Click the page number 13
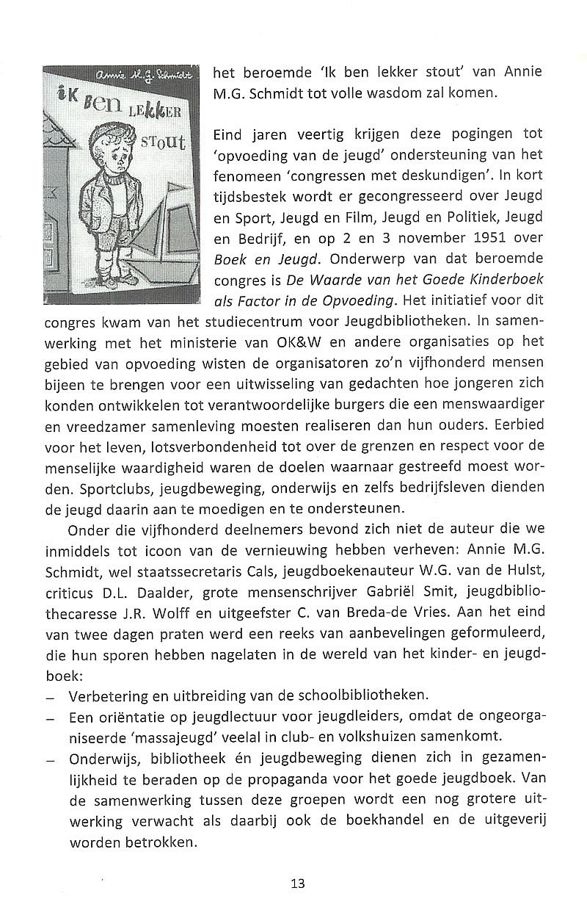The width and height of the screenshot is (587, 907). point(297,883)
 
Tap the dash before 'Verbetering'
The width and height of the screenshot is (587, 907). point(50,695)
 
